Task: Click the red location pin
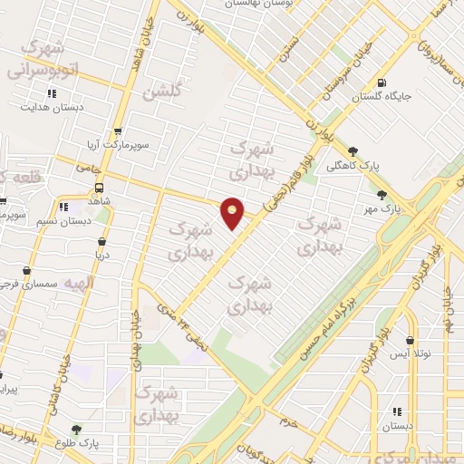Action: click(x=233, y=213)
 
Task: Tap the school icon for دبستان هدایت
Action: click(x=52, y=92)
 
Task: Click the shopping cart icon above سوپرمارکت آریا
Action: click(x=116, y=131)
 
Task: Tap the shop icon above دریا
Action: click(x=101, y=242)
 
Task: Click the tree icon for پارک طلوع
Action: click(x=76, y=430)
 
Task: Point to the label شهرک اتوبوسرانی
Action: click(x=47, y=57)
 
